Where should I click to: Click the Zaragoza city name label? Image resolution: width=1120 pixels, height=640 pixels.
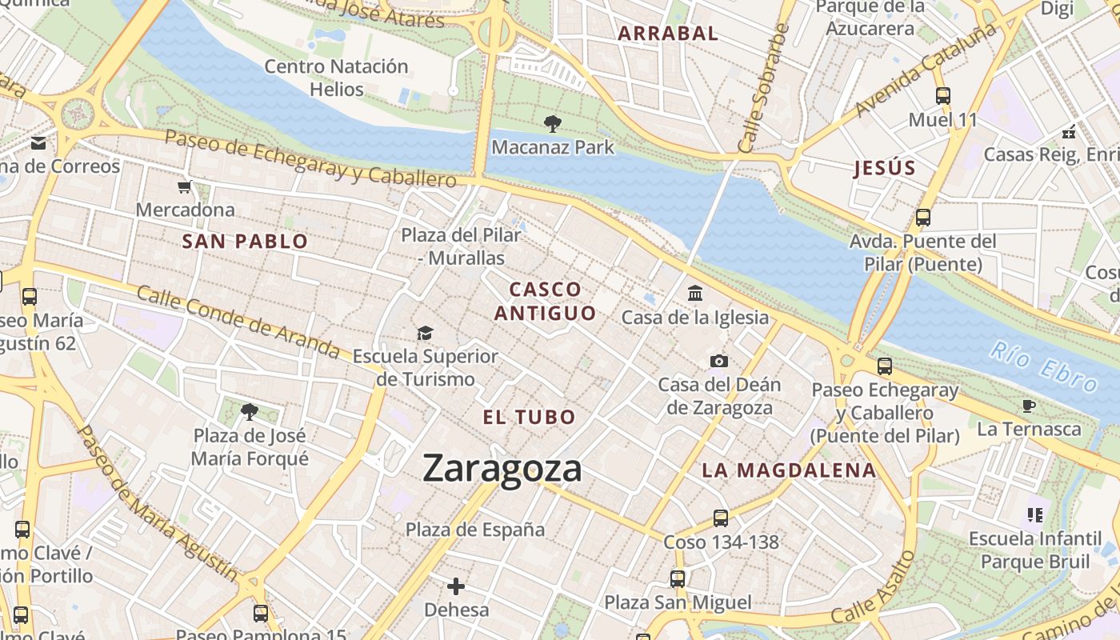pos(502,468)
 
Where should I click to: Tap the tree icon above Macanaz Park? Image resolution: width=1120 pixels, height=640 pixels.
pos(552,124)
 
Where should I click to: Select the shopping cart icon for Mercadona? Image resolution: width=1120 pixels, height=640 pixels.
pos(185,187)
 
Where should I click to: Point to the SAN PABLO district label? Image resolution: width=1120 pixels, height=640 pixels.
pos(245,242)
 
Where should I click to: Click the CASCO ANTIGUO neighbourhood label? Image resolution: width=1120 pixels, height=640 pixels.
pos(545,301)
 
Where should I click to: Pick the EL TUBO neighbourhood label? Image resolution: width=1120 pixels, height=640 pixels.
pos(529,417)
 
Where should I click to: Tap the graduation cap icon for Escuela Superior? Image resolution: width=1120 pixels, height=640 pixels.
pos(425,333)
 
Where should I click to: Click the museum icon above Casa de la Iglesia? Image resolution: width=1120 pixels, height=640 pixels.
pos(695,294)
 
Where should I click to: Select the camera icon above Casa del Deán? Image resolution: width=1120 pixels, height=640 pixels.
pos(719,361)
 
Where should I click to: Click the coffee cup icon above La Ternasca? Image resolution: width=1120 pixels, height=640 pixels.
pos(1029,406)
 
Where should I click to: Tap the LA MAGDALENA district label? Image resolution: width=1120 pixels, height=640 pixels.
pos(789,470)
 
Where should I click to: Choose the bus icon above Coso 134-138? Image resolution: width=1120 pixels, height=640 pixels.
pos(721,518)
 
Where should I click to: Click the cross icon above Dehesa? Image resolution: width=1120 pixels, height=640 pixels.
pos(456,586)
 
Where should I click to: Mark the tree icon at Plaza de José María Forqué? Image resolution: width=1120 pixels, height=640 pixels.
pos(250,412)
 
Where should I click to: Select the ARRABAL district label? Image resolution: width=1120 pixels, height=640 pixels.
pos(669,34)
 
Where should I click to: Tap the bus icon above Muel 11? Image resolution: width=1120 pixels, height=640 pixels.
pos(943,96)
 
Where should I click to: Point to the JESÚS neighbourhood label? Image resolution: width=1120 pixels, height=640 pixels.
pos(884,168)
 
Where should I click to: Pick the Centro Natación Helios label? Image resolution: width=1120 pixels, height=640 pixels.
pos(337,78)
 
